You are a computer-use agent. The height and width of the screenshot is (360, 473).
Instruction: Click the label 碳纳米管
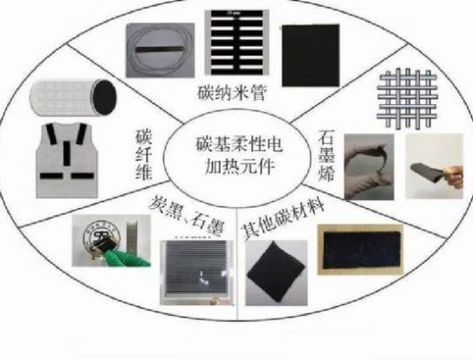pos(232,94)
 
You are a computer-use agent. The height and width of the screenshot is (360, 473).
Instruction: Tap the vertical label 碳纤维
pos(144,154)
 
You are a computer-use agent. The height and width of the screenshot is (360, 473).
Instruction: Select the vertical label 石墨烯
pos(327,155)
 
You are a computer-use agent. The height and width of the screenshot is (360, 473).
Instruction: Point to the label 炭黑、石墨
pos(187,215)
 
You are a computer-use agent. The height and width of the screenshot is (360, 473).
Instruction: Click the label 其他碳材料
pos(282,219)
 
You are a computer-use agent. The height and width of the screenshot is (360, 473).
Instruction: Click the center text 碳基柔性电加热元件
pos(239,155)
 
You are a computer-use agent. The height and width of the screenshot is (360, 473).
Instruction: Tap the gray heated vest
pos(67,161)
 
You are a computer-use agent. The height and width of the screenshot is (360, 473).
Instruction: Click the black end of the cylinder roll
pos(104,97)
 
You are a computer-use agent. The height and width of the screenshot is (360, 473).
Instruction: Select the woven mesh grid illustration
pos(407,99)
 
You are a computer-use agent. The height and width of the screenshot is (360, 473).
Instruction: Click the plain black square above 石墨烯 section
pos(311,56)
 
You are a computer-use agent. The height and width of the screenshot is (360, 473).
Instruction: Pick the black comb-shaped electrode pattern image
pos(236,42)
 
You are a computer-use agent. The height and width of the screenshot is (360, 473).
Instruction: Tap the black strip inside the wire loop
pos(159,49)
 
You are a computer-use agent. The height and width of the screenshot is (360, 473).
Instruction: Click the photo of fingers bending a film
pos(369,167)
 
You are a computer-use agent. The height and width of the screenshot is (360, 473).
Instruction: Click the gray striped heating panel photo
pos(197,273)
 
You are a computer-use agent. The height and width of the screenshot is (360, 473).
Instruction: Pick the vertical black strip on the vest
pos(67,154)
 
